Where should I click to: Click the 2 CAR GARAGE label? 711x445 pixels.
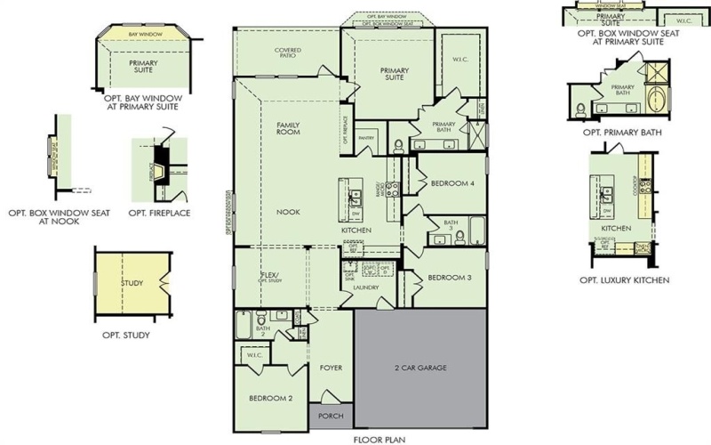coord(421,367)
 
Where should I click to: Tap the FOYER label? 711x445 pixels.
coord(330,367)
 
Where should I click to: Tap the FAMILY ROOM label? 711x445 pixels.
coord(287,128)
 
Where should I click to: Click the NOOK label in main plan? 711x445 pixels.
coord(287,213)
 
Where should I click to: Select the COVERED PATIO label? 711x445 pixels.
coord(286,53)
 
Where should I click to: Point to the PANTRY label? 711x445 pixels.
coord(365,139)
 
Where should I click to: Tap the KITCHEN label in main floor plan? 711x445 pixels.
coord(356,231)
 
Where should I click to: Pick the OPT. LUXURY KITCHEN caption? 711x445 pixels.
coord(624,280)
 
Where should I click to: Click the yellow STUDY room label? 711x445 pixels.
coord(132,284)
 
